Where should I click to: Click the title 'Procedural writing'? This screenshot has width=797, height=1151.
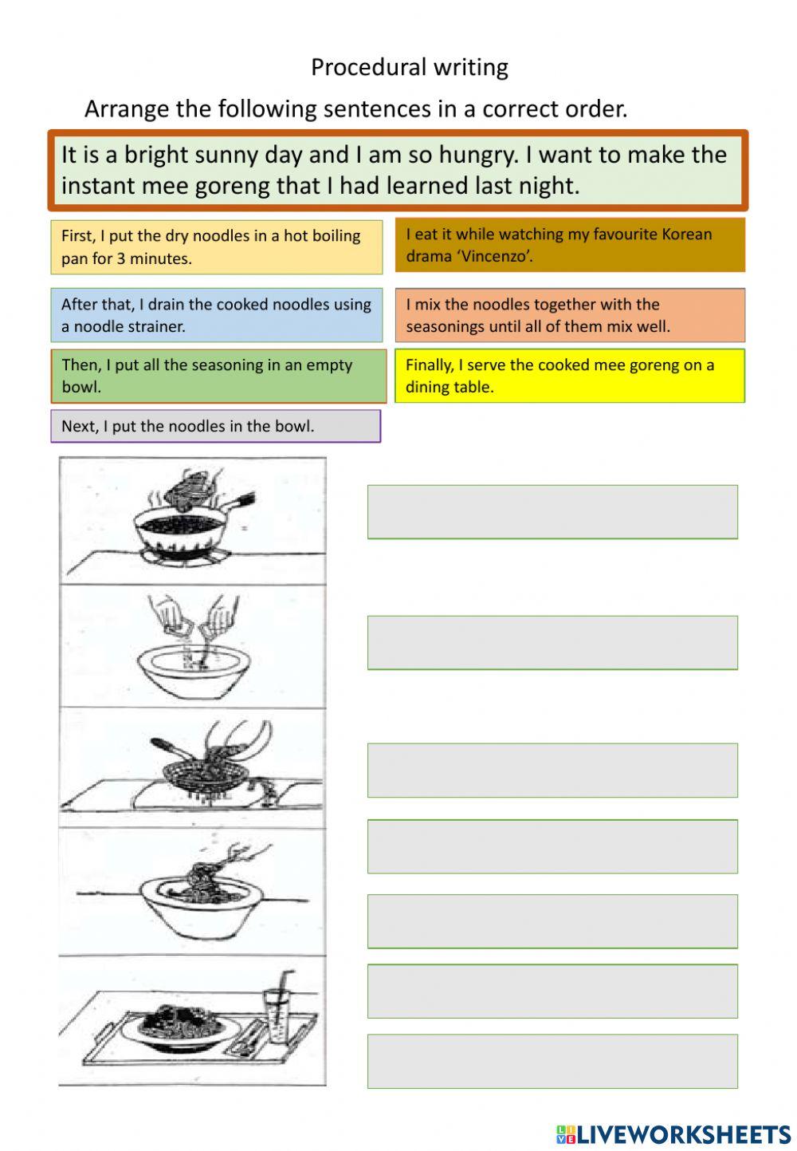[x=409, y=68]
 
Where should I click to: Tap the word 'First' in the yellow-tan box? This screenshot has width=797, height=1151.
[x=77, y=236]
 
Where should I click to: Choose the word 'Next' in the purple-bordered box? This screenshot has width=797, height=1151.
[x=78, y=427]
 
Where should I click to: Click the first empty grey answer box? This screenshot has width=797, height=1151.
[x=552, y=512]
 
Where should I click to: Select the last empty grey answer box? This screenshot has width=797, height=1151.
[x=552, y=1062]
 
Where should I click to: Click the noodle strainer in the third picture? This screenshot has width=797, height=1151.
[x=196, y=774]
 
